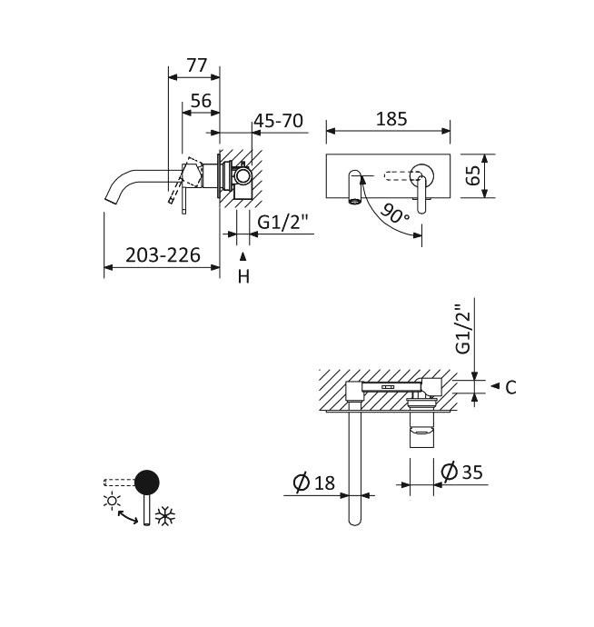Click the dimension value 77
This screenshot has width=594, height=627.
tap(197, 65)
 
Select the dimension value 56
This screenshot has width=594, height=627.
tap(201, 101)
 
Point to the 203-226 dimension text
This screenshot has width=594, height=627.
tap(163, 255)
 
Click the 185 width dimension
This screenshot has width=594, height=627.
tap(391, 119)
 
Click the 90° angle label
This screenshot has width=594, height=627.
tap(396, 214)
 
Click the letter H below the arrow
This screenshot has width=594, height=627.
tap(243, 277)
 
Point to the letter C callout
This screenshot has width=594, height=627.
tap(510, 387)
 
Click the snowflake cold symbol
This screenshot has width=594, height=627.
tap(165, 517)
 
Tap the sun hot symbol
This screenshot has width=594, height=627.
tap(113, 501)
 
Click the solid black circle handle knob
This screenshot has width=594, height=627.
tap(146, 482)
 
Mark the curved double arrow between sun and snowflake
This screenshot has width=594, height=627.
tap(128, 517)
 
